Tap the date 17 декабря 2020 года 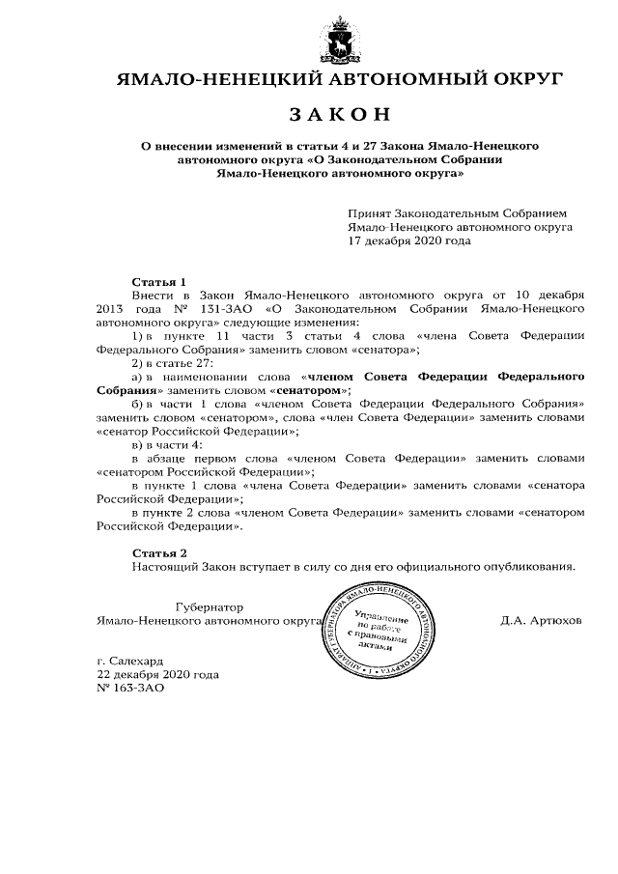click(x=409, y=240)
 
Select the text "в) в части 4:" click(x=167, y=443)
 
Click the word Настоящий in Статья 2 click(x=161, y=567)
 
